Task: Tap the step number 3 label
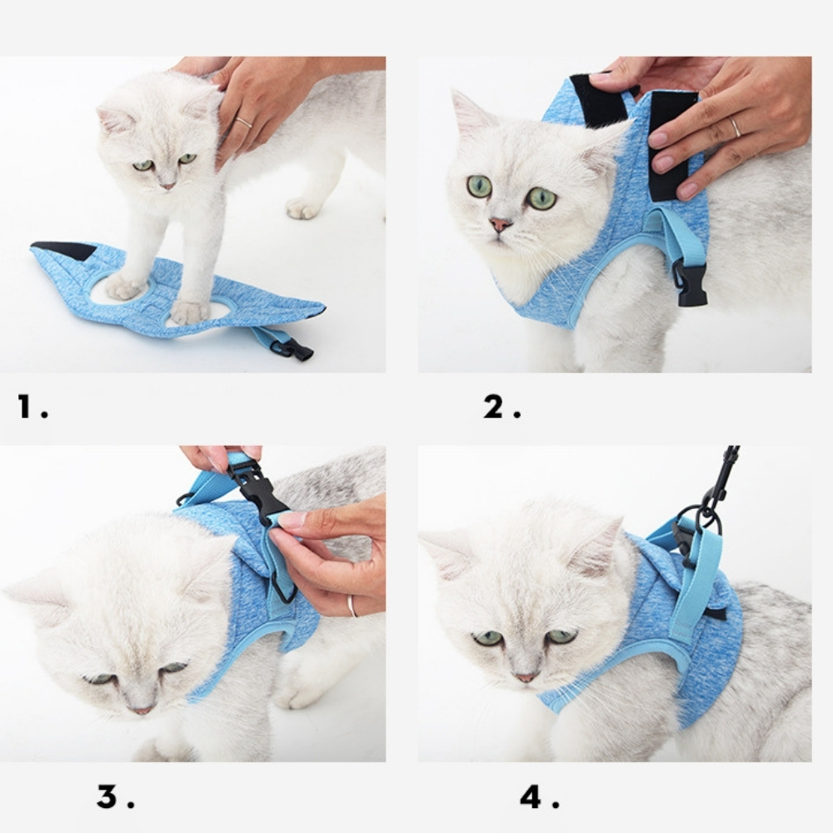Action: tap(115, 796)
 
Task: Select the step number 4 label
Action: tap(539, 796)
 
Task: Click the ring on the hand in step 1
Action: tap(244, 122)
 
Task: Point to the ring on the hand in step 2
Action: tap(736, 127)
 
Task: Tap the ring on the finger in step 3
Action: tap(352, 606)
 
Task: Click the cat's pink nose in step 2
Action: tap(500, 224)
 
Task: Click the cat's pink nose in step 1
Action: tap(168, 186)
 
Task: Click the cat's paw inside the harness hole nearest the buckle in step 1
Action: tap(189, 312)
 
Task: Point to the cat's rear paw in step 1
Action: tap(304, 207)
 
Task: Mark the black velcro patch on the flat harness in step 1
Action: tap(65, 250)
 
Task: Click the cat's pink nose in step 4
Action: tap(526, 677)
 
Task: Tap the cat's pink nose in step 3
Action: tap(142, 710)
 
